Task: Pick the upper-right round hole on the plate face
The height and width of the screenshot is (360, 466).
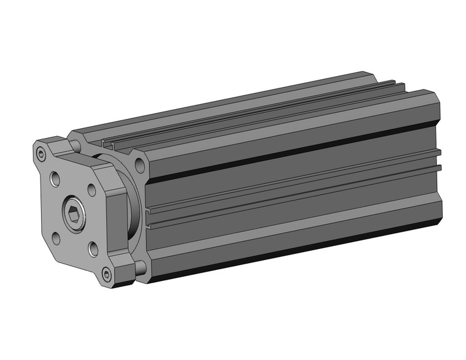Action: [92, 190]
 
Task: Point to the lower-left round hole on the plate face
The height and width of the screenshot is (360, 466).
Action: [57, 238]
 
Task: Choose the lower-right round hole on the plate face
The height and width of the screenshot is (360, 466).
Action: [93, 248]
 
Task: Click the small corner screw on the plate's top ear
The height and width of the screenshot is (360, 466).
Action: [41, 153]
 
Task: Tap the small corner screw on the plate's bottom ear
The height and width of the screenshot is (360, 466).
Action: [107, 274]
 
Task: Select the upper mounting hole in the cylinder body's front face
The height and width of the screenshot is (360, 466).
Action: [139, 164]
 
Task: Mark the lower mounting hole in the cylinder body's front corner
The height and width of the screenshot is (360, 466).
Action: [140, 266]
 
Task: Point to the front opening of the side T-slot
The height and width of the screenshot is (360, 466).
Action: [149, 213]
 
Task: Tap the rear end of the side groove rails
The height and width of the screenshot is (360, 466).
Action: [438, 158]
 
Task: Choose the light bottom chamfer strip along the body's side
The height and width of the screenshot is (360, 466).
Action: [294, 240]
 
